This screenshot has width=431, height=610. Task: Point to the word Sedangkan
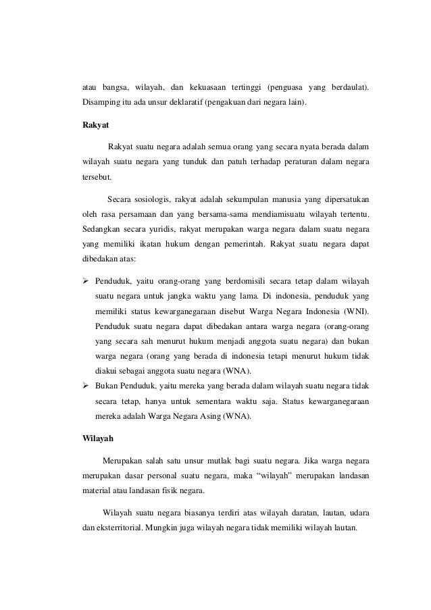tap(97, 230)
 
